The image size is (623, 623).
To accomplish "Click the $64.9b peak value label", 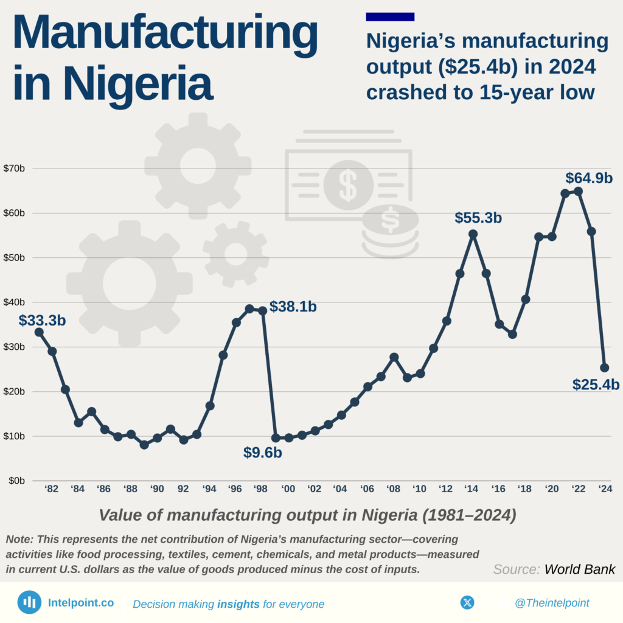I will (x=588, y=178).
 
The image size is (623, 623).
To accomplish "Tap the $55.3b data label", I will (x=478, y=218).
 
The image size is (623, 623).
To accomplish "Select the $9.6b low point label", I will (x=262, y=453).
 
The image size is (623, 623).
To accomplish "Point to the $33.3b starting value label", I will (x=41, y=321).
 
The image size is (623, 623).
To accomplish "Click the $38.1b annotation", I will (x=293, y=307).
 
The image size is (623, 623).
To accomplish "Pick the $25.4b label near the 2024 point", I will (x=596, y=385).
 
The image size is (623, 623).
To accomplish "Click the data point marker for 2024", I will (x=604, y=367).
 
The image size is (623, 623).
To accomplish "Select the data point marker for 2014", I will (x=473, y=234).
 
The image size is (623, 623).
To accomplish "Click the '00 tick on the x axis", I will (x=288, y=489).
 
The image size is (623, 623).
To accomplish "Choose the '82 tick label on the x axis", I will (x=52, y=489).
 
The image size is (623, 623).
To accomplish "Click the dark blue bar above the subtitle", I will (x=390, y=16).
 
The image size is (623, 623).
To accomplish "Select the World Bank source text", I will (x=579, y=569).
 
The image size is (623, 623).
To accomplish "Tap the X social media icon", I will (x=467, y=602).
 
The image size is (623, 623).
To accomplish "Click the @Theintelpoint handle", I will (x=551, y=603).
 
